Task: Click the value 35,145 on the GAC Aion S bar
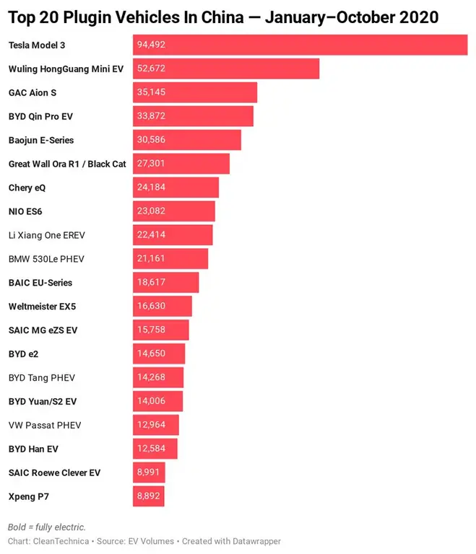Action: [151, 92]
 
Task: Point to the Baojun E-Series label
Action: [41, 140]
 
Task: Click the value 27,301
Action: [151, 164]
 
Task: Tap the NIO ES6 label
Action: [31, 211]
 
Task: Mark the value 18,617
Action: [151, 283]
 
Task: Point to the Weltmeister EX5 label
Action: [42, 307]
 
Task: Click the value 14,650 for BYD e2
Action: [151, 353]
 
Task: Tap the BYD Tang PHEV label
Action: [42, 377]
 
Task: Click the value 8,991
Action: [149, 472]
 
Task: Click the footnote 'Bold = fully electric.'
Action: [47, 527]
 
